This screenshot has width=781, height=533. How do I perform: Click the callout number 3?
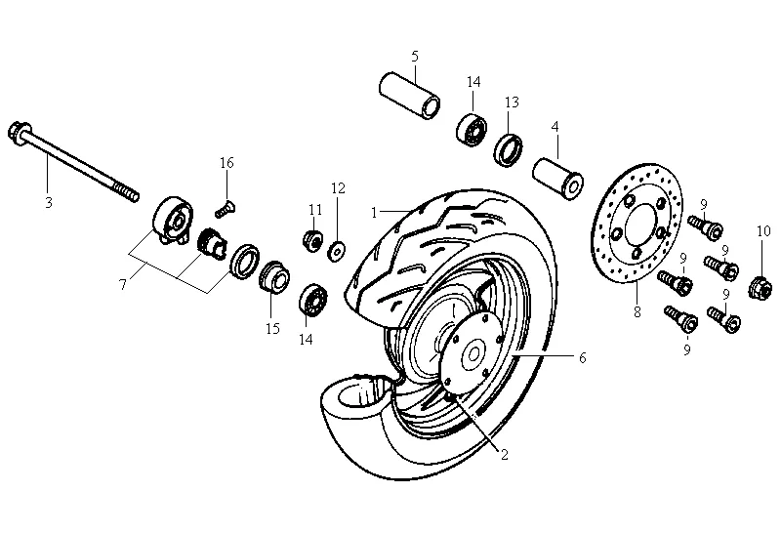(x=47, y=202)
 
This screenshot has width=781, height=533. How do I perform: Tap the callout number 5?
(x=414, y=56)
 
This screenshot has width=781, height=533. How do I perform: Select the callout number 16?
(x=226, y=162)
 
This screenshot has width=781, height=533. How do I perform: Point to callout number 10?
(x=763, y=230)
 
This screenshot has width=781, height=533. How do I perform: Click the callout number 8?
(x=637, y=313)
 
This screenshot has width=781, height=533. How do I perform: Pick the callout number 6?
(x=582, y=358)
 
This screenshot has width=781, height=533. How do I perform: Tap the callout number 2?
(x=505, y=454)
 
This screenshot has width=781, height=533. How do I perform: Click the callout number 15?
(x=272, y=329)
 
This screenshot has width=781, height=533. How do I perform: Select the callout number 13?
(x=512, y=102)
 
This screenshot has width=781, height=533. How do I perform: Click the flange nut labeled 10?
(x=761, y=287)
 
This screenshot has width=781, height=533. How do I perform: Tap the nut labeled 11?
(x=313, y=239)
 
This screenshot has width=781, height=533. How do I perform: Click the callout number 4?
(x=555, y=127)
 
